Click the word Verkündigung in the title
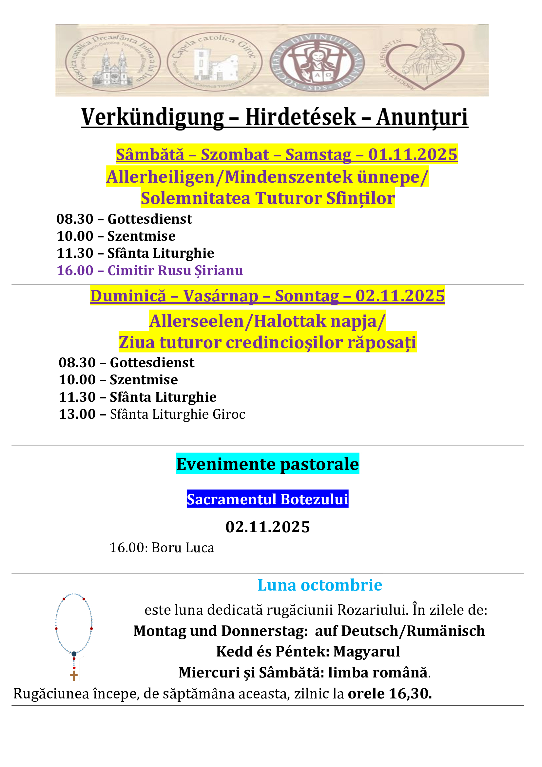click(152, 118)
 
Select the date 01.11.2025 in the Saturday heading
click(413, 154)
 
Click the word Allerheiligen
click(160, 177)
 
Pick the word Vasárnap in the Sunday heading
click(221, 296)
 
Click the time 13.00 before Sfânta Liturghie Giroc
click(77, 414)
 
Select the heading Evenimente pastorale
click(267, 464)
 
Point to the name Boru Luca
click(183, 548)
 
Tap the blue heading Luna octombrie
click(320, 585)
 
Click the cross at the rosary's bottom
click(74, 676)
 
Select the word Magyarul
click(366, 652)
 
